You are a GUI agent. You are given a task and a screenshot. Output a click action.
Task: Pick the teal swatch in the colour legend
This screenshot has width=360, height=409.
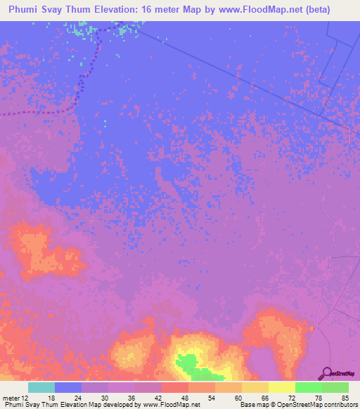click(x=41, y=387)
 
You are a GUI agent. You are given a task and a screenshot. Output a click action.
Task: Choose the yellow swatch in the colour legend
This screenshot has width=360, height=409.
click(x=281, y=387)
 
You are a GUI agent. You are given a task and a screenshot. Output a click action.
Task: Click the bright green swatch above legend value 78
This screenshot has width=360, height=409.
click(x=308, y=387)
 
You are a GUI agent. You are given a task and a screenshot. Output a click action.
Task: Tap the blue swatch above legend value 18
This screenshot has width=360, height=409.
click(x=67, y=387)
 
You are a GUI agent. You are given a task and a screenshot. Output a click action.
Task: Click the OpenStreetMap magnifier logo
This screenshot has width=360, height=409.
click(x=326, y=373)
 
